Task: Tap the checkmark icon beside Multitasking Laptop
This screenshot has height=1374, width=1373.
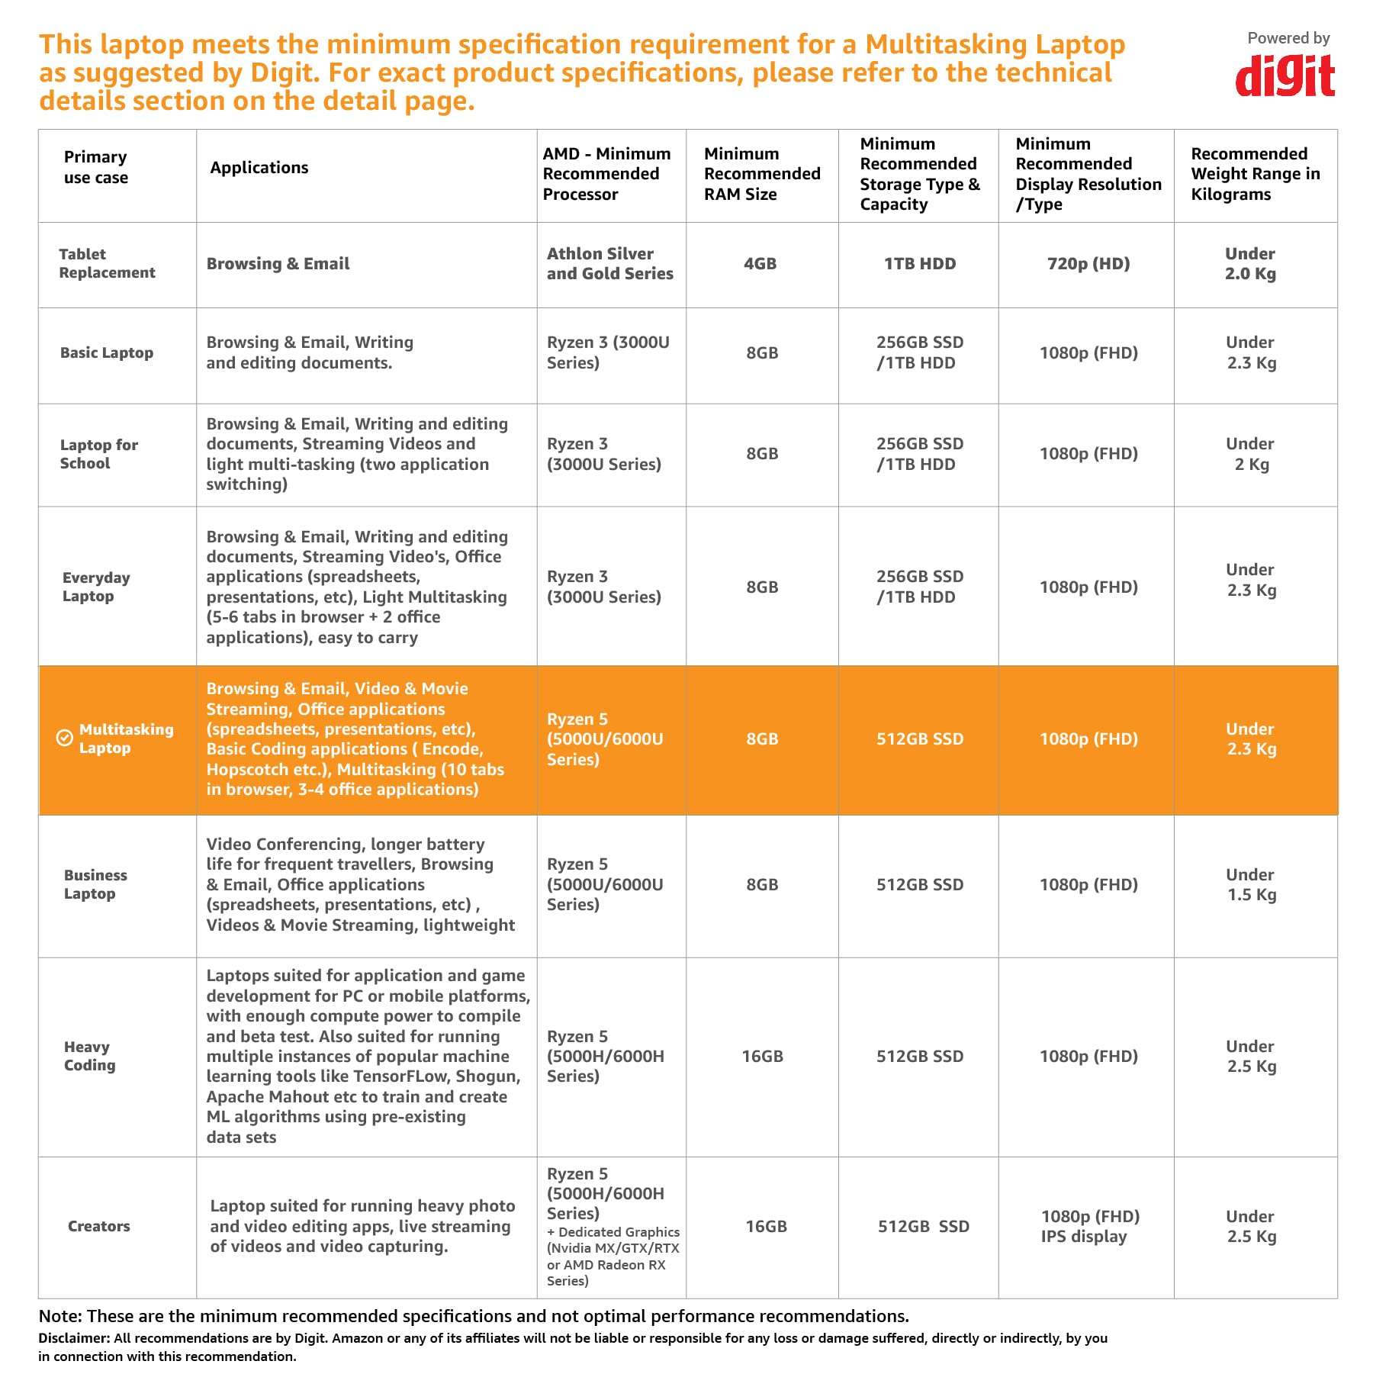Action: (65, 738)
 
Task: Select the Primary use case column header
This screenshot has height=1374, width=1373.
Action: (95, 167)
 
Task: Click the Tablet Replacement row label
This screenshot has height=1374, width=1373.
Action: (107, 263)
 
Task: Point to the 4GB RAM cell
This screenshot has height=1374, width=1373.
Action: (760, 264)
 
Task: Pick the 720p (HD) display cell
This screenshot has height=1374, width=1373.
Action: (1088, 264)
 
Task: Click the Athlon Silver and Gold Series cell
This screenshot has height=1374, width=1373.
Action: (609, 264)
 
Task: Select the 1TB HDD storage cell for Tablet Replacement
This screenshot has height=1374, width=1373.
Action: (919, 264)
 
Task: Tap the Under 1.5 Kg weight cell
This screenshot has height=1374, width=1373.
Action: (1251, 885)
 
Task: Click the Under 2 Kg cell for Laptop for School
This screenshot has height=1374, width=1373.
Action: (1251, 454)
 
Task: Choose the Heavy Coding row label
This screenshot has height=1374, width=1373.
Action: (89, 1056)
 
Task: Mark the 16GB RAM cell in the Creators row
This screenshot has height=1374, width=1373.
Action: (765, 1226)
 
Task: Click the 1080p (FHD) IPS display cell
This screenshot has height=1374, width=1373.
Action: (1089, 1226)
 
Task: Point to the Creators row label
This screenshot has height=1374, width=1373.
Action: (98, 1226)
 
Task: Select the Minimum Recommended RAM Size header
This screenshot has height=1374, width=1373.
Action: (761, 174)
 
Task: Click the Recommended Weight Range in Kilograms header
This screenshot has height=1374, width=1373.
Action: (1255, 174)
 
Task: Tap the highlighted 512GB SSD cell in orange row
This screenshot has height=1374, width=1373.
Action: (919, 738)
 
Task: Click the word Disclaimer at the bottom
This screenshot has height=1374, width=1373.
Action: (73, 1338)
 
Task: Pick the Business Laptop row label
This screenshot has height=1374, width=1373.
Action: (95, 884)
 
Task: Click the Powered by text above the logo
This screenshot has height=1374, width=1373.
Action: (1288, 38)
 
